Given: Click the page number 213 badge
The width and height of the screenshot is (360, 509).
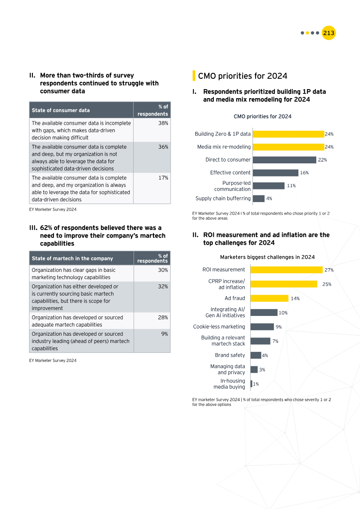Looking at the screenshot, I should [x=328, y=33].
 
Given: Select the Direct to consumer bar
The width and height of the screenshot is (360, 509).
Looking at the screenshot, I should [x=283, y=160].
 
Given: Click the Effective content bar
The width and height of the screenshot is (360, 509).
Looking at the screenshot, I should [x=274, y=173].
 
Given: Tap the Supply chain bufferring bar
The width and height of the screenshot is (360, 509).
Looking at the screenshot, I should [x=258, y=198].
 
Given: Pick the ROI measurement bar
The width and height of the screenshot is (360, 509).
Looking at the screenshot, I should [x=287, y=270].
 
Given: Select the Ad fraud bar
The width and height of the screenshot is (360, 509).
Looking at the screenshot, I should [x=269, y=298].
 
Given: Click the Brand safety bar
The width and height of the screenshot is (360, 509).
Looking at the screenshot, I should [x=256, y=355].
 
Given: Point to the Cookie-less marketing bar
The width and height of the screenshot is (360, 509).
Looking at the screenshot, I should [x=262, y=327].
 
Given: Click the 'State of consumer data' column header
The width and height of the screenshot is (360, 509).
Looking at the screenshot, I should [x=81, y=110].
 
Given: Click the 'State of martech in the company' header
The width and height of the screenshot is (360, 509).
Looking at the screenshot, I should [x=81, y=258].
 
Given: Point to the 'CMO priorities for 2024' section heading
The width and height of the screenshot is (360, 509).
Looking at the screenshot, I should [x=243, y=76].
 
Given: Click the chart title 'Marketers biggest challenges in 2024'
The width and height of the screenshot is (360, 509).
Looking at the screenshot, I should [x=267, y=257].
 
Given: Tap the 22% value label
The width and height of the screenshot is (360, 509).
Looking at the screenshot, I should [x=322, y=160].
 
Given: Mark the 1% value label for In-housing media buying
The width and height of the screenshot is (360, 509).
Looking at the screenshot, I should [x=256, y=384].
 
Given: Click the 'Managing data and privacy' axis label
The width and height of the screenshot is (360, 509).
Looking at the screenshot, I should [x=228, y=369].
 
